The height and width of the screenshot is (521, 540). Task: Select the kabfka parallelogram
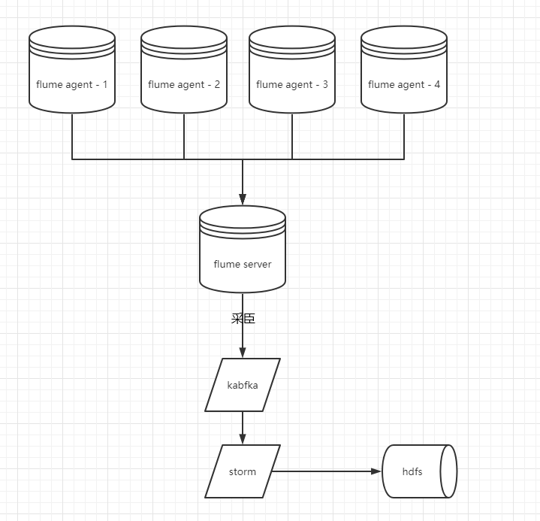click(x=243, y=385)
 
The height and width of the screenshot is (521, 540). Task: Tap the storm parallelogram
click(x=243, y=471)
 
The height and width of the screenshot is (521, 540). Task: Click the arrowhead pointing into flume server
click(x=243, y=200)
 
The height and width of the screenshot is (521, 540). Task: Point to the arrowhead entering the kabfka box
click(x=243, y=353)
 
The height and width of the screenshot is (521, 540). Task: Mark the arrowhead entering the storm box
click(x=243, y=440)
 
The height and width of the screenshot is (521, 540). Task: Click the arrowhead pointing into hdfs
click(x=377, y=471)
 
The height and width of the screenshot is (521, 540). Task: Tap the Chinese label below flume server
click(x=243, y=319)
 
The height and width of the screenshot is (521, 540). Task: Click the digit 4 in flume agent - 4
click(x=437, y=85)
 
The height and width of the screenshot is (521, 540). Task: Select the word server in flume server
click(x=256, y=265)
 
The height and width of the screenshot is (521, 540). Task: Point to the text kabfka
click(x=243, y=385)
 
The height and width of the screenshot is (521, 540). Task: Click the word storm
click(x=243, y=472)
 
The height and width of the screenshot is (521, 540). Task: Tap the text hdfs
click(x=412, y=472)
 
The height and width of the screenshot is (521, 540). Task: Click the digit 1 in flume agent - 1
click(x=104, y=85)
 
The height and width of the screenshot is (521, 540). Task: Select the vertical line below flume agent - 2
click(x=184, y=136)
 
